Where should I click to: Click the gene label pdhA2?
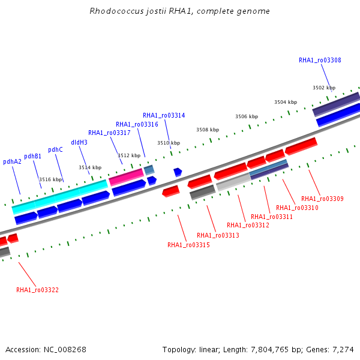pos(12,161)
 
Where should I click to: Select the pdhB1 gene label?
pos(32,157)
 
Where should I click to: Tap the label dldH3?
pos(79,142)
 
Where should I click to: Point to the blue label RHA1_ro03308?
pos(320,60)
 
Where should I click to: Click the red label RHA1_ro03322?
pos(37,290)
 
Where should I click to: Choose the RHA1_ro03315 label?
pos(188,245)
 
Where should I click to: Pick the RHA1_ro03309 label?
pos(322,199)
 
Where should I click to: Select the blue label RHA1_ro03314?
pos(164,115)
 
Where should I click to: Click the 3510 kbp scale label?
pos(169,143)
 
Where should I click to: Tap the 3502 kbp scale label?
pos(324,88)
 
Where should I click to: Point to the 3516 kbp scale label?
pos(50,179)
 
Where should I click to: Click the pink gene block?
pos(126,177)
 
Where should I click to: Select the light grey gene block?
pos(234,182)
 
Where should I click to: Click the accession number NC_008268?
pos(65,350)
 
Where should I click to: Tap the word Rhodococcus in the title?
pos(116,11)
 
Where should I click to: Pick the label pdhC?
pos(55,149)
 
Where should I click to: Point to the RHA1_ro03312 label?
pos(248,225)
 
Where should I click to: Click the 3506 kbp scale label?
pos(247,116)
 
